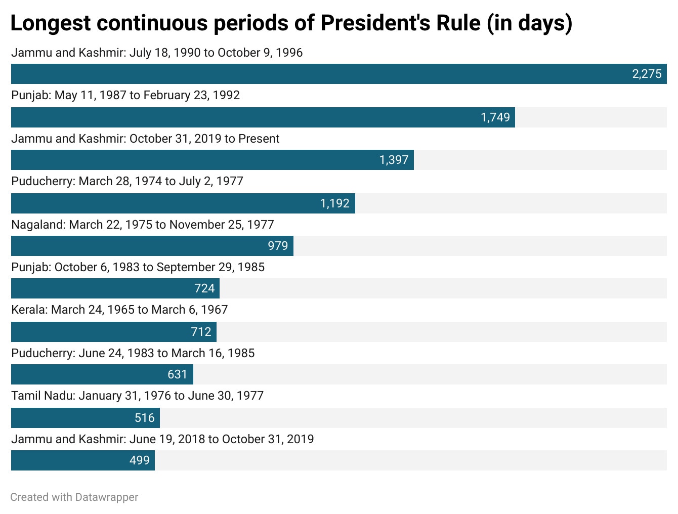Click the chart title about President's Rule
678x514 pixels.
click(291, 23)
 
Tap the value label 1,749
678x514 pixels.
click(495, 117)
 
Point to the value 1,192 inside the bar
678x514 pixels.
click(334, 203)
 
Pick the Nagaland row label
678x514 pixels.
click(142, 225)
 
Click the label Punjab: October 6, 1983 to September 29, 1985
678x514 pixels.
click(138, 267)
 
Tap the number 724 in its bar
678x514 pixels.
click(204, 288)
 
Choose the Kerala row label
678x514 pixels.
click(119, 310)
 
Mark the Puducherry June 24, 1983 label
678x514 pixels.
click(133, 353)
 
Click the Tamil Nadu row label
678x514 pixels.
click(137, 396)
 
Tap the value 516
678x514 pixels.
click(144, 418)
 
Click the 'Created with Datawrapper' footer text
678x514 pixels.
click(74, 497)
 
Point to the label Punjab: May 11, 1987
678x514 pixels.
click(125, 95)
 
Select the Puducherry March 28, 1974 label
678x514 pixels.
click(127, 181)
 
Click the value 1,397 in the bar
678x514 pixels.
click(394, 160)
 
